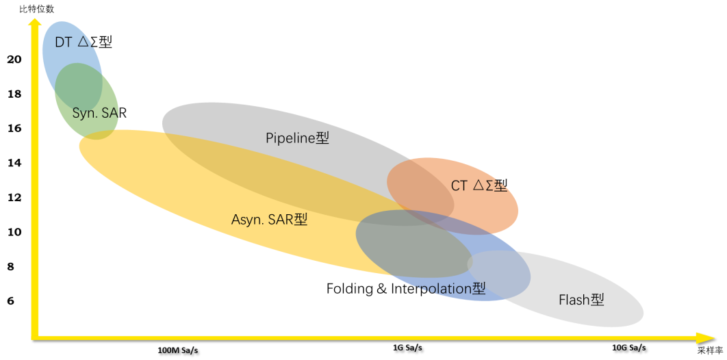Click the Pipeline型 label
(x=297, y=138)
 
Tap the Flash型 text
(x=581, y=300)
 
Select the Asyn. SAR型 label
(x=269, y=220)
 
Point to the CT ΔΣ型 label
(x=479, y=185)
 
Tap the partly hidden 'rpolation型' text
(x=449, y=288)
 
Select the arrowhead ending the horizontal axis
(x=705, y=337)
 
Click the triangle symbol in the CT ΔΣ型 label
(x=479, y=185)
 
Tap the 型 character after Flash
(x=598, y=300)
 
